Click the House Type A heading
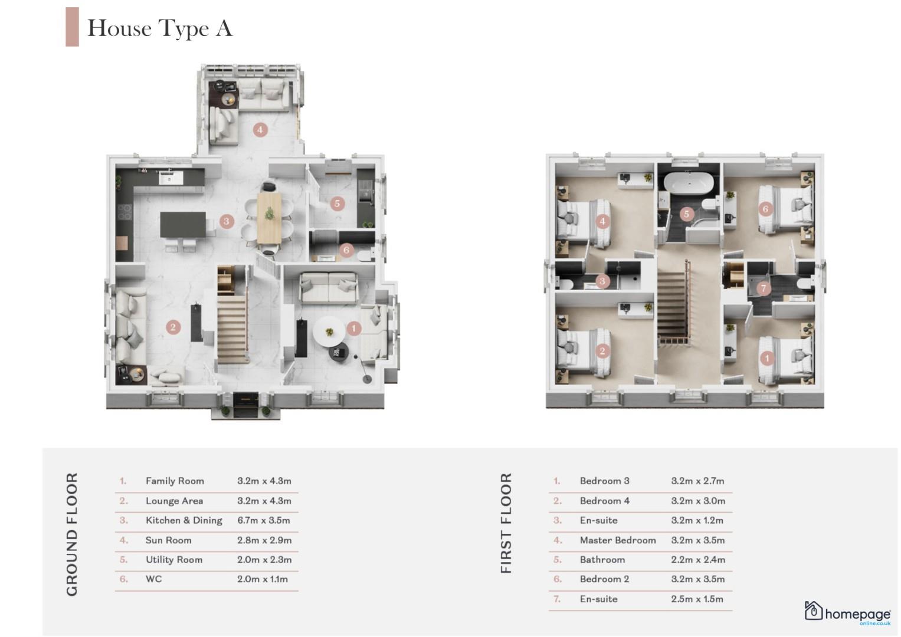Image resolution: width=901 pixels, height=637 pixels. (x=160, y=28)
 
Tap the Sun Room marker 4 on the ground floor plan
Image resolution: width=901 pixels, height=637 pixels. (x=260, y=130)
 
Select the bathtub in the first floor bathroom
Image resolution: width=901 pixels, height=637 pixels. (x=688, y=183)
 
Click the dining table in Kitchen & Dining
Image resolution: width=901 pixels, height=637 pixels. (x=269, y=218)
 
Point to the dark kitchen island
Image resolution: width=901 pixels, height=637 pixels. (x=183, y=225)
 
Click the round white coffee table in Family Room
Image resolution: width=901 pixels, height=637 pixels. (x=329, y=331)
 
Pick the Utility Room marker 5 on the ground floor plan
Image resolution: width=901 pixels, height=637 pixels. (x=338, y=203)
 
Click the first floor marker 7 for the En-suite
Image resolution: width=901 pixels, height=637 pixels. (x=764, y=288)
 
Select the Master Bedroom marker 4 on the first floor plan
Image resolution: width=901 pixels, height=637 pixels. (x=602, y=221)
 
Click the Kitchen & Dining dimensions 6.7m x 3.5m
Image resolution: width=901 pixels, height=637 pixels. (x=264, y=520)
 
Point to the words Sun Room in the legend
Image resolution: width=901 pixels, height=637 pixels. (x=169, y=540)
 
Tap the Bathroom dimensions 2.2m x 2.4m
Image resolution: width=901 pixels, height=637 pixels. (x=698, y=560)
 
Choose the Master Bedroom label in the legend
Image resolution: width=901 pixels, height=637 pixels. (x=618, y=540)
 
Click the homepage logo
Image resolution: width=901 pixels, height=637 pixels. (x=847, y=613)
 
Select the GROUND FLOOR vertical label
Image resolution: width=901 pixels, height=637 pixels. (x=72, y=534)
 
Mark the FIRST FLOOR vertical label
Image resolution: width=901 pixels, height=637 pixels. (x=506, y=523)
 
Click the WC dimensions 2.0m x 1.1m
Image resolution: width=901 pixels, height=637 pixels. (x=262, y=579)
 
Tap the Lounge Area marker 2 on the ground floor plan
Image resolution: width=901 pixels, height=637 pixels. (x=173, y=327)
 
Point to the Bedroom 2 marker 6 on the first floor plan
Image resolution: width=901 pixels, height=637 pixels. (x=765, y=209)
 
